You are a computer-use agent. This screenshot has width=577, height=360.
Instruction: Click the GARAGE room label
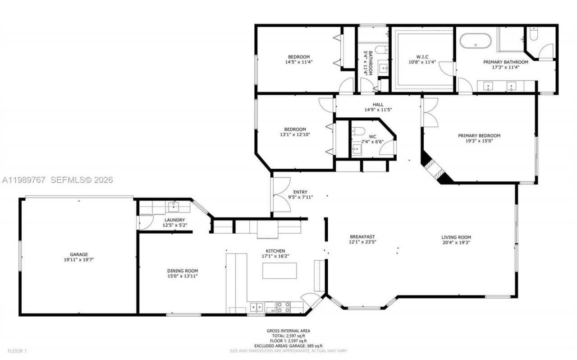pyautogui.click(x=78, y=254)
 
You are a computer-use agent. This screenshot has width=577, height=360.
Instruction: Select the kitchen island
pyautogui.click(x=279, y=270)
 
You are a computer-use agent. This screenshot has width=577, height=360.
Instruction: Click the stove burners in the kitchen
pyautogui.click(x=283, y=307)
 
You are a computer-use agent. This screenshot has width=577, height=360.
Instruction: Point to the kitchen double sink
pyautogui.click(x=256, y=307)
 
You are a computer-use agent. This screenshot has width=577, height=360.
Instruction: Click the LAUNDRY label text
pyautogui.click(x=174, y=220)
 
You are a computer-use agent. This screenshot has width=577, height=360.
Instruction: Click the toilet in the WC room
pyautogui.click(x=358, y=131)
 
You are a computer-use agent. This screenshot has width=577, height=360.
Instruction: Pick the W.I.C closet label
pyautogui.click(x=421, y=57)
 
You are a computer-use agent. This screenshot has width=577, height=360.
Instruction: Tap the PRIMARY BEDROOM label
pyautogui.click(x=479, y=135)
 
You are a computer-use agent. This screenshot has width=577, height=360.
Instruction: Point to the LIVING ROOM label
pyautogui.click(x=456, y=237)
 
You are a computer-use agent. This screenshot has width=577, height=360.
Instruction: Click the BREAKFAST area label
pyautogui.click(x=362, y=236)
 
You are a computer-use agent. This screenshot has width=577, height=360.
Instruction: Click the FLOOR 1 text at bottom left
pyautogui.click(x=18, y=351)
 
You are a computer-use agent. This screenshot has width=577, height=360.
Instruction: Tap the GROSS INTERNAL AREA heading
pyautogui.click(x=288, y=331)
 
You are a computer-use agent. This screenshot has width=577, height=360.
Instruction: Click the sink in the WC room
pyautogui.click(x=357, y=149)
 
